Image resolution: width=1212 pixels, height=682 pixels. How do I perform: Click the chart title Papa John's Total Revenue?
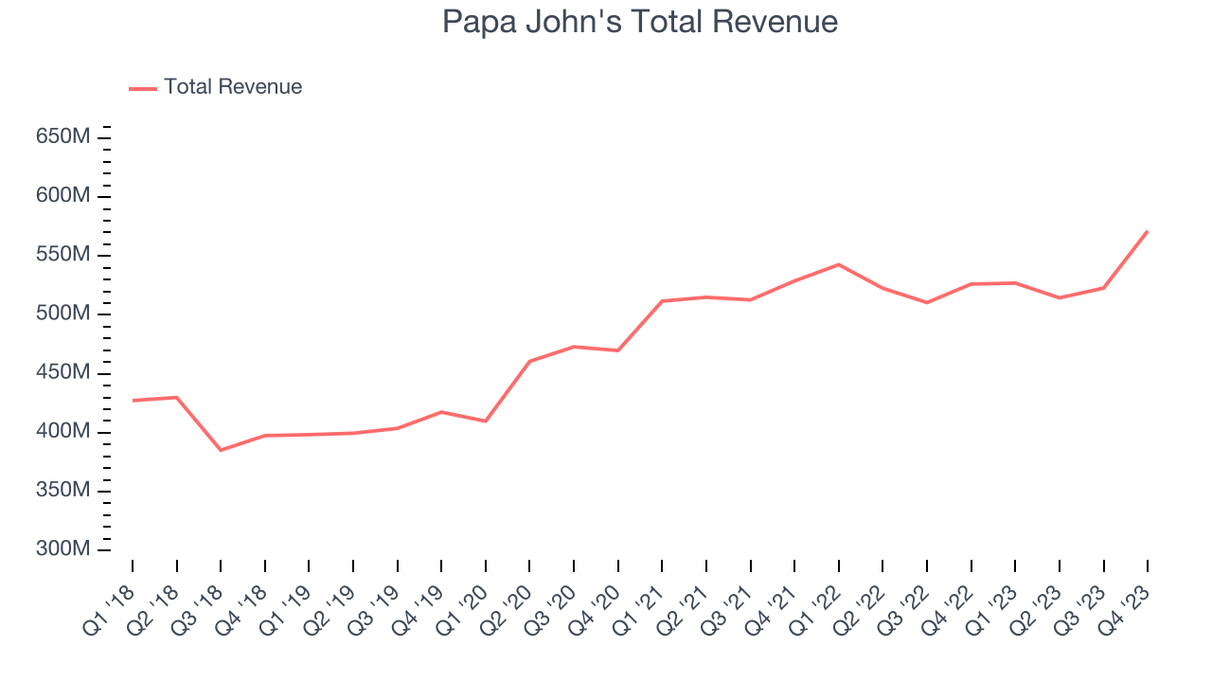pyautogui.click(x=640, y=21)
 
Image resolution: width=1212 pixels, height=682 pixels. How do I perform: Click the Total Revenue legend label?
pyautogui.click(x=232, y=87)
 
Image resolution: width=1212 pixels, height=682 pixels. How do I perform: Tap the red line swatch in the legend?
pyautogui.click(x=142, y=88)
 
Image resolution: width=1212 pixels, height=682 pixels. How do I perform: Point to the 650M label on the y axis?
pyautogui.click(x=62, y=137)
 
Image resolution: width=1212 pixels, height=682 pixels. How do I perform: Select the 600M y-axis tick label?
pyautogui.click(x=62, y=196)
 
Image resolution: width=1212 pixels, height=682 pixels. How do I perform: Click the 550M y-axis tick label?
pyautogui.click(x=62, y=255)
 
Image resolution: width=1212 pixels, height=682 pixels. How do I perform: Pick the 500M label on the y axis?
pyautogui.click(x=62, y=314)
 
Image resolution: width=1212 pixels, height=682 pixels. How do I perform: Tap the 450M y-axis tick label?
pyautogui.click(x=62, y=373)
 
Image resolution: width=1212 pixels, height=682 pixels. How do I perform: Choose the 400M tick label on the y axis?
pyautogui.click(x=62, y=432)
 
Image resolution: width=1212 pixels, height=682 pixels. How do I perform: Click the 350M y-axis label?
pyautogui.click(x=62, y=491)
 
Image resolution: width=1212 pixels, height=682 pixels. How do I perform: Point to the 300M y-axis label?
pyautogui.click(x=62, y=549)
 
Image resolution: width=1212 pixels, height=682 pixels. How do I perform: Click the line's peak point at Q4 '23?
pyautogui.click(x=1148, y=231)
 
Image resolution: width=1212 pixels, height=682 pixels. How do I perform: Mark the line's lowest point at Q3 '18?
pyautogui.click(x=221, y=450)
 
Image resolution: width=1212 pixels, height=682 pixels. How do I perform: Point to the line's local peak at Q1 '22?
pyautogui.click(x=839, y=264)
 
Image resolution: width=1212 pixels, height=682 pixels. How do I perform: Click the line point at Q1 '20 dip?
pyautogui.click(x=486, y=421)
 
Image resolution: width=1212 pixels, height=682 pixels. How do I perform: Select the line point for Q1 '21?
pyautogui.click(x=662, y=301)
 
